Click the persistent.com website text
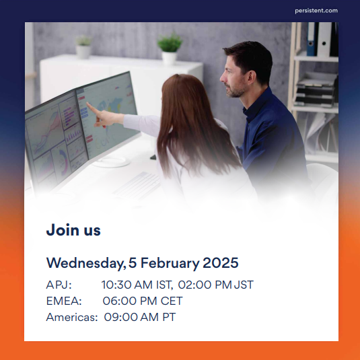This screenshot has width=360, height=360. point(316,11)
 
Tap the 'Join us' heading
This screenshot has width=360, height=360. point(73,230)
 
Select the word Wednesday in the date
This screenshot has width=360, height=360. point(86,263)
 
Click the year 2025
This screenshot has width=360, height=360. point(221,262)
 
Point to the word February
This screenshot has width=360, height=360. point(170,263)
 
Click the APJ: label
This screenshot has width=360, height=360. point(59,285)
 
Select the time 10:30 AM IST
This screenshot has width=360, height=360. point(137,285)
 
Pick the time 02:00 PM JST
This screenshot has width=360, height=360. point(216,285)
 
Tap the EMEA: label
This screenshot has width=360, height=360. point(64,301)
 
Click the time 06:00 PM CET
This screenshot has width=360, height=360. point(143,301)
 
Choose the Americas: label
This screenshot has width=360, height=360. point(72,318)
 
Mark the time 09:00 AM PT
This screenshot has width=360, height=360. point(140,318)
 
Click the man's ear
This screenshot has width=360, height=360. point(252,77)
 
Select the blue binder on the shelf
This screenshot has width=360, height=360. point(312,39)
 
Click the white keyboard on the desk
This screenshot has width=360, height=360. point(138,185)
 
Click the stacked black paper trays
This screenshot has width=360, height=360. point(316,91)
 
